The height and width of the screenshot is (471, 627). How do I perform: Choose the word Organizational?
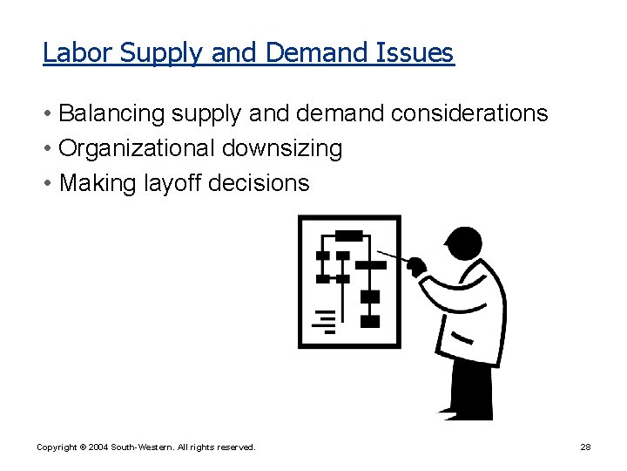coord(137,148)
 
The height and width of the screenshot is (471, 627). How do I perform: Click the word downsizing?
coord(282,149)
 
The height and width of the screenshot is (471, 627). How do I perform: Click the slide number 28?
coord(585,447)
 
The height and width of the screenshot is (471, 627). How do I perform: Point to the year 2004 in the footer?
coord(100,447)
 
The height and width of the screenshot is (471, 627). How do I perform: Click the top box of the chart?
coord(349,235)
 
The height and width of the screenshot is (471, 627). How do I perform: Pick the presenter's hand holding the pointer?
coord(417,266)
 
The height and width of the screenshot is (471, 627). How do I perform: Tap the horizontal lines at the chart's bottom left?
coord(326,321)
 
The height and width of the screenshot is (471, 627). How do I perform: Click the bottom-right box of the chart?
coord(370,320)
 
